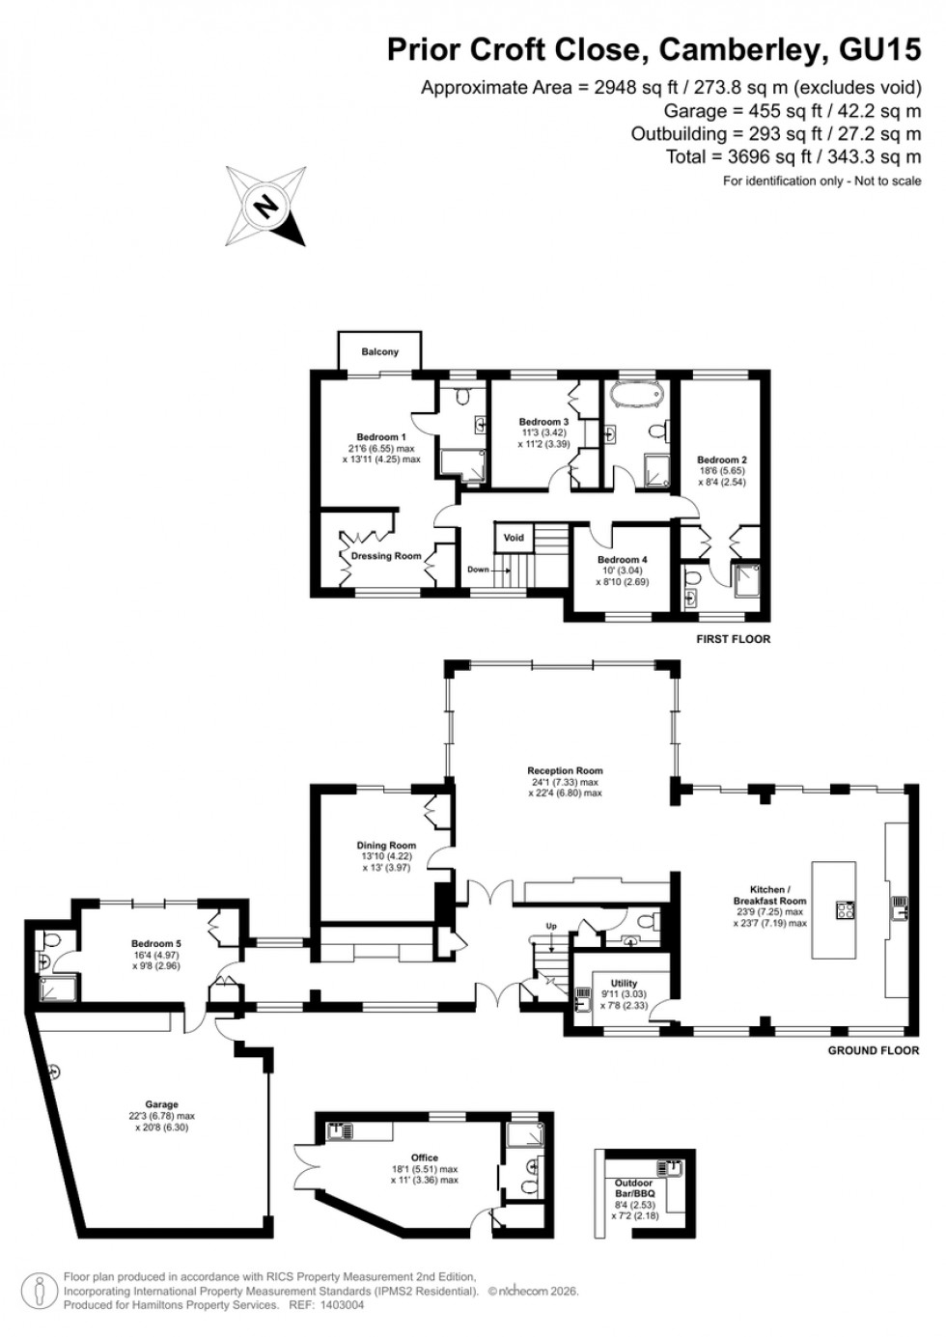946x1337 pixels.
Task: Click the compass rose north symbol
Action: point(265,206)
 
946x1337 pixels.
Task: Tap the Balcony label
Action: point(379,351)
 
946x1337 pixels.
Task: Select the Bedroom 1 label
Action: point(380,437)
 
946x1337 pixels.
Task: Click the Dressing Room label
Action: point(386,556)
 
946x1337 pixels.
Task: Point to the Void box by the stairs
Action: point(514,538)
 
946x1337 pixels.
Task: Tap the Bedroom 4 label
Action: point(622,560)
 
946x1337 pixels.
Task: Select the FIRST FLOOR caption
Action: point(733,639)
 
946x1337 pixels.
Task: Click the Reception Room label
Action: point(565,770)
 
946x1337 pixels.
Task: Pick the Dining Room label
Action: point(386,846)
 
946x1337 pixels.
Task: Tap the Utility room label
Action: point(624,984)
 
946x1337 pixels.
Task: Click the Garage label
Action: point(162,1104)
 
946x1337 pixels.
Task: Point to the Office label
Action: point(424,1157)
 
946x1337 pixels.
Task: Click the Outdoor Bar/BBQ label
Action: point(634,1188)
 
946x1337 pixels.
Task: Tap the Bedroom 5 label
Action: point(156,944)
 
